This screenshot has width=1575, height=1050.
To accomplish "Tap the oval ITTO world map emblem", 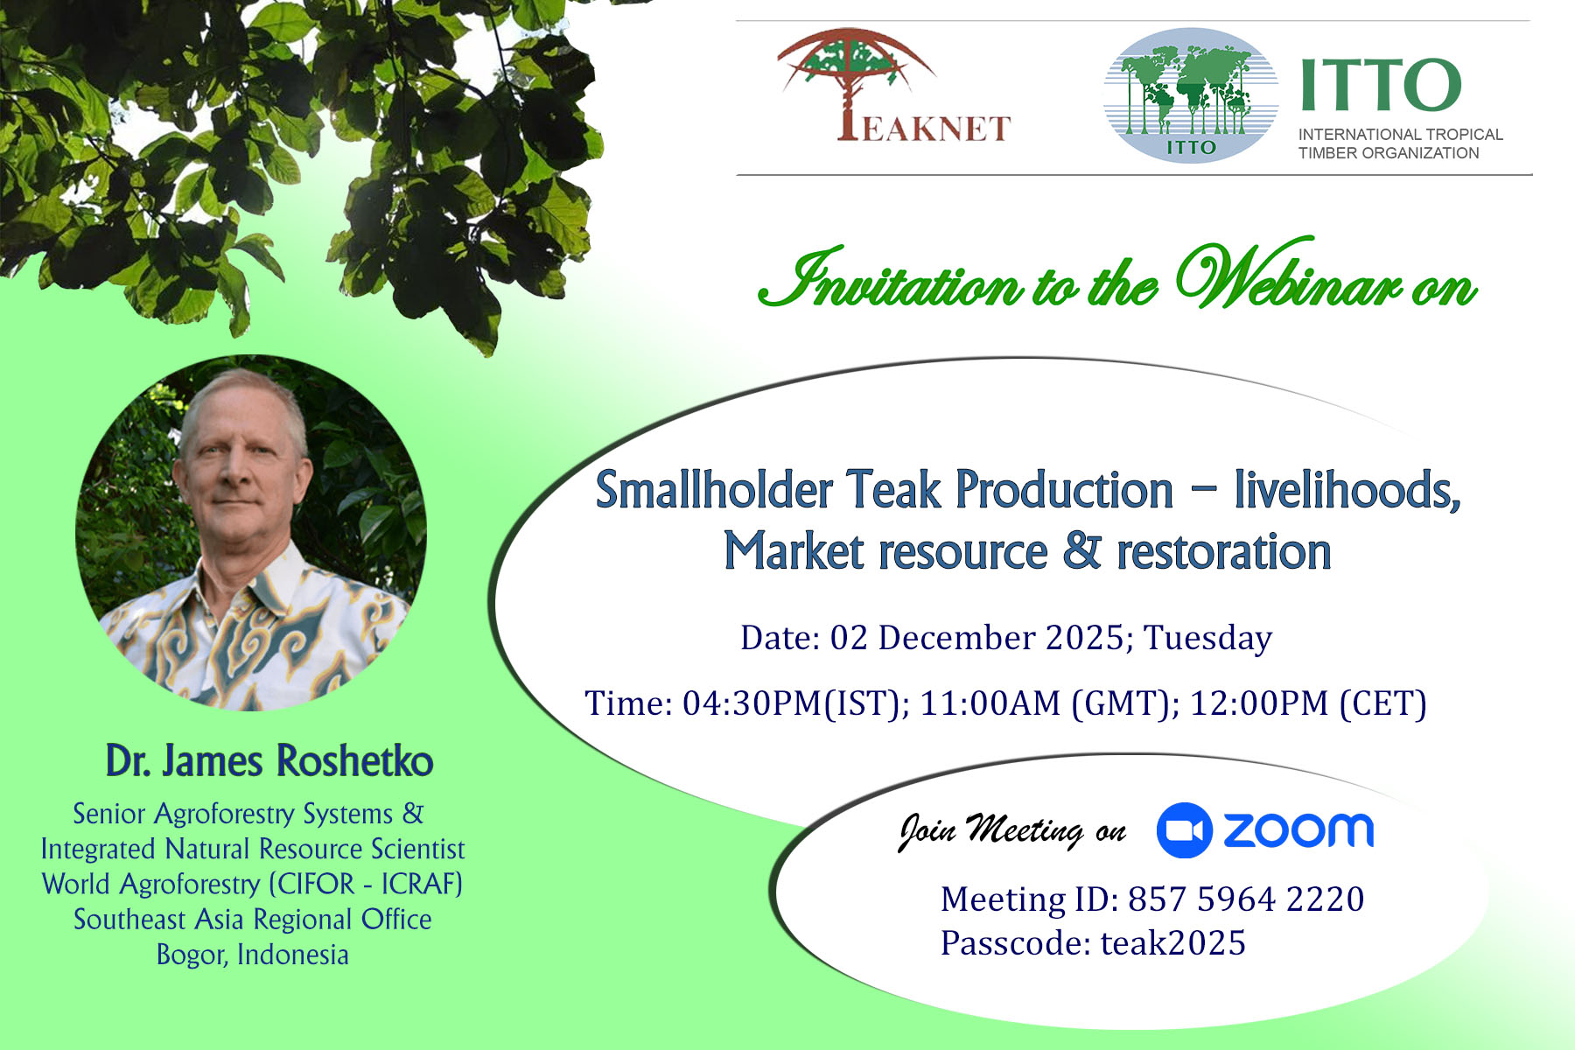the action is coord(1191,95).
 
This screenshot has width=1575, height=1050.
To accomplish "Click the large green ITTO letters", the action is coord(1381,85).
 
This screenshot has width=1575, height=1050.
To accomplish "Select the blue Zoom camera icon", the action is coord(1184,830).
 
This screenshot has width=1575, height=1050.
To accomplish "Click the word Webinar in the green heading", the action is coord(1289,276).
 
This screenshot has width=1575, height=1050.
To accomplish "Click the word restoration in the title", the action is coord(1223,552).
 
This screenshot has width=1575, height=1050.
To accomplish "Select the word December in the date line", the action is coord(956,638).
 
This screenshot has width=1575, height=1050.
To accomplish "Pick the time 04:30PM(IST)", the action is coord(795,703).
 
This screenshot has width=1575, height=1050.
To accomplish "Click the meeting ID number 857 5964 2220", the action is coord(1246,899).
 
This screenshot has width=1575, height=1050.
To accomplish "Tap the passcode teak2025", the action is coord(1172,943).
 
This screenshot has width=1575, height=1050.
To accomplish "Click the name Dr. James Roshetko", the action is coord(269,760).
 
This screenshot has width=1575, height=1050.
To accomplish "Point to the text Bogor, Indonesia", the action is coord(252,955).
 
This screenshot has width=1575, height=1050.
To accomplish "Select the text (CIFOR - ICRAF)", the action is coord(366,884).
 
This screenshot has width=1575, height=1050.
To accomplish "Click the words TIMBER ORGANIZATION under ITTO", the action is coord(1389,153).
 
